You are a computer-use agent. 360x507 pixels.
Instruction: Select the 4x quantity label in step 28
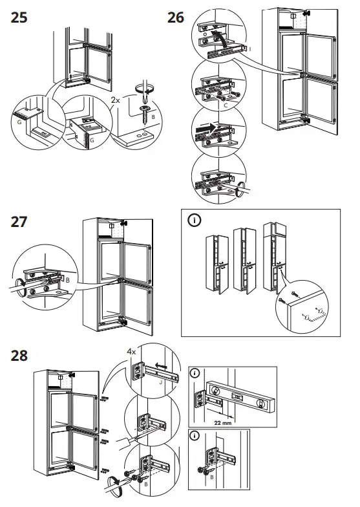point(132,351)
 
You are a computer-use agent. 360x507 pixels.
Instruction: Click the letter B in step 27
point(67,279)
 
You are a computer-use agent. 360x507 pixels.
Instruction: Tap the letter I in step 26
point(250,49)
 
